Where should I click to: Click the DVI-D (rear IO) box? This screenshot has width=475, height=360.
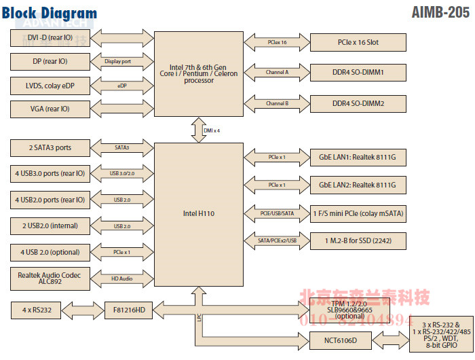tap(50, 38)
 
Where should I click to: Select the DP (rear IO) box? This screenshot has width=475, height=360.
tap(50, 62)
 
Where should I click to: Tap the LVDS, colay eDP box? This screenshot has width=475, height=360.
tap(50, 86)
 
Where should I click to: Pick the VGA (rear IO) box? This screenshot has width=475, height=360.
tap(50, 109)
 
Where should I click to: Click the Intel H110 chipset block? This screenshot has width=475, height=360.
tap(199, 213)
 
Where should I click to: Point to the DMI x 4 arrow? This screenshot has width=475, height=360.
tap(199, 129)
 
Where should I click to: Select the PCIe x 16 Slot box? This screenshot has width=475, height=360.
tap(358, 42)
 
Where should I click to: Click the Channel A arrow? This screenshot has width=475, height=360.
tap(277, 72)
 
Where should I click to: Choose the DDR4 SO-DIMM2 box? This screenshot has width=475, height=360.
tap(358, 103)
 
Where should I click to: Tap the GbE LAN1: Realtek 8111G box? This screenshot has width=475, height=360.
tap(358, 157)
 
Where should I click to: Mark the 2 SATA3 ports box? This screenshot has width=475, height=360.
tap(50, 147)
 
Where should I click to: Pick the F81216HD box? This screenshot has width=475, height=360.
tap(129, 310)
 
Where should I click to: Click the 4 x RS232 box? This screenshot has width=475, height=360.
tap(36, 310)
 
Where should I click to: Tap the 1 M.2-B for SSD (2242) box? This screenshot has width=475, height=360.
tap(358, 240)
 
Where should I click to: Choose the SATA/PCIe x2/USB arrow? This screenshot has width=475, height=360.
tap(277, 240)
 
